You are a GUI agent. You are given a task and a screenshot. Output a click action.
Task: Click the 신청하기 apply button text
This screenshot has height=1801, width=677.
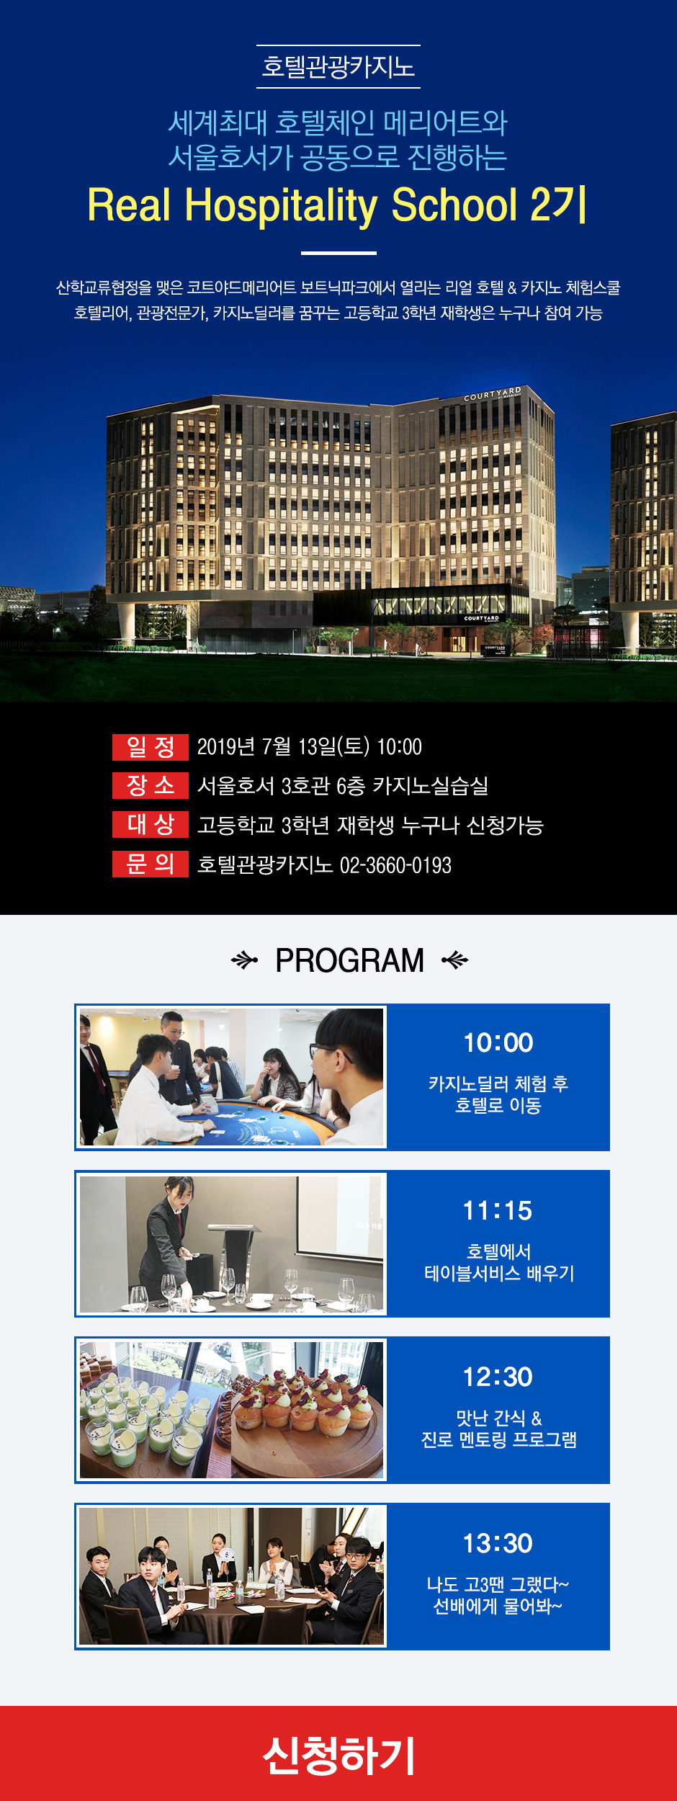[x=338, y=1756]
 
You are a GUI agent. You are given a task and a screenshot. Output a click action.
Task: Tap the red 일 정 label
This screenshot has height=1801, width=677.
[x=151, y=747]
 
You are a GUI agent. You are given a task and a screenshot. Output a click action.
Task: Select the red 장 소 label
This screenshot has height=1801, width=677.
[x=151, y=785]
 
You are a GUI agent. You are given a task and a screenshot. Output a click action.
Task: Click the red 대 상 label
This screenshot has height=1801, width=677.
[x=151, y=824]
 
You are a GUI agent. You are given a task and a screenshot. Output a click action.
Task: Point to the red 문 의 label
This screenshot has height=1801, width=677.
[x=151, y=864]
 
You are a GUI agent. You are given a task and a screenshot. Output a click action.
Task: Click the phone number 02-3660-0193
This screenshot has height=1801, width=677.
[x=395, y=864]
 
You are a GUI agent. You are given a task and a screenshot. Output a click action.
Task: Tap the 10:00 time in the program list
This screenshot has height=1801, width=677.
[x=498, y=1042]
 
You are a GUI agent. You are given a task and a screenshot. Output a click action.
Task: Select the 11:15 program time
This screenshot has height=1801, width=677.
[x=498, y=1210]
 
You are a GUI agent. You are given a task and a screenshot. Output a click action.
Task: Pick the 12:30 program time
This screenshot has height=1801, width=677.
[x=498, y=1377]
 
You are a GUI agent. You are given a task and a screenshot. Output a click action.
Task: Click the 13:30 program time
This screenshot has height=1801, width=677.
[x=498, y=1543]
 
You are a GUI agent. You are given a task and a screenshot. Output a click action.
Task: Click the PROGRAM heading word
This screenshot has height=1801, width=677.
[x=350, y=960]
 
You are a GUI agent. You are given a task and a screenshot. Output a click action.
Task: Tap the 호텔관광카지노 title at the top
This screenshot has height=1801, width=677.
[x=338, y=67]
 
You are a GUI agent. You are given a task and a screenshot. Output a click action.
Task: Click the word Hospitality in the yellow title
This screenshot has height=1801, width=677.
[x=282, y=206]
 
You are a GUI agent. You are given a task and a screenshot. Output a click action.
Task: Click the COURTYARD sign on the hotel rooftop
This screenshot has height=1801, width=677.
[x=493, y=393]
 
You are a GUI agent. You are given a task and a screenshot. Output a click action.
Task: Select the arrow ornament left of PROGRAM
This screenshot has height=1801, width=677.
[x=244, y=960]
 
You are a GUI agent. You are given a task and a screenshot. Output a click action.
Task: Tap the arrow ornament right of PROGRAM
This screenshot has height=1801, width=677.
[x=454, y=960]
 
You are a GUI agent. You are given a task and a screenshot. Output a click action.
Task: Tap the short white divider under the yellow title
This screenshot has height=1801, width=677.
[x=338, y=253]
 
